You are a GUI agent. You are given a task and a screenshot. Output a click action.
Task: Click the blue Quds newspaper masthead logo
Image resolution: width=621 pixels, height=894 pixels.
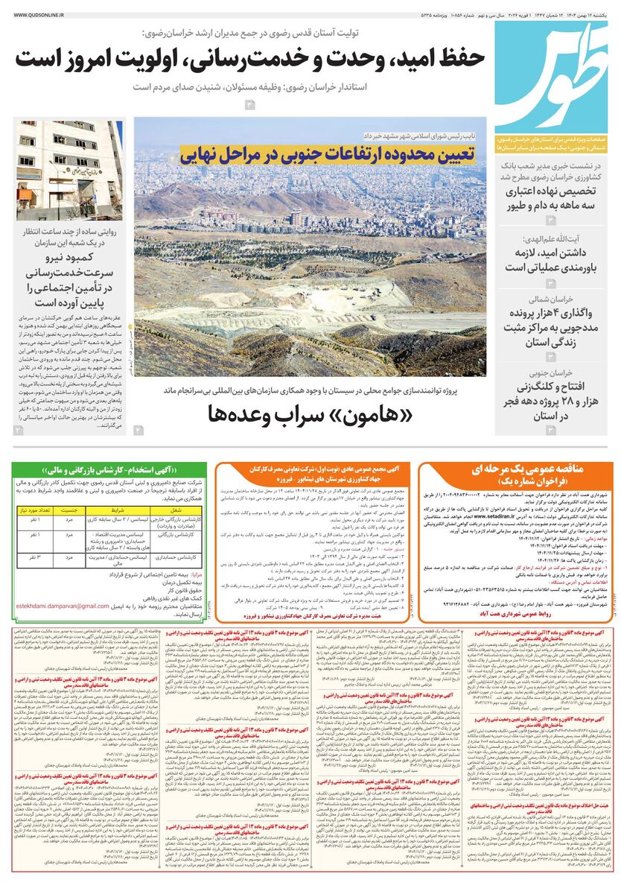click(x=552, y=78)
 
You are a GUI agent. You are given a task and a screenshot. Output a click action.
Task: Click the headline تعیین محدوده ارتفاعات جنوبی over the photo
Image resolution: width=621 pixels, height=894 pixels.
click(x=325, y=153)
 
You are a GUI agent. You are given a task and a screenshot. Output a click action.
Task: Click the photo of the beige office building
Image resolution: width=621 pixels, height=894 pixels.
click(x=69, y=171)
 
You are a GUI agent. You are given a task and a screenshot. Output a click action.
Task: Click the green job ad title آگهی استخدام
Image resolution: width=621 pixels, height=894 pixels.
click(x=111, y=470)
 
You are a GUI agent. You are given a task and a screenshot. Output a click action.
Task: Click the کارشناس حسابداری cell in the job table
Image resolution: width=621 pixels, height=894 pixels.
click(x=176, y=557)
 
